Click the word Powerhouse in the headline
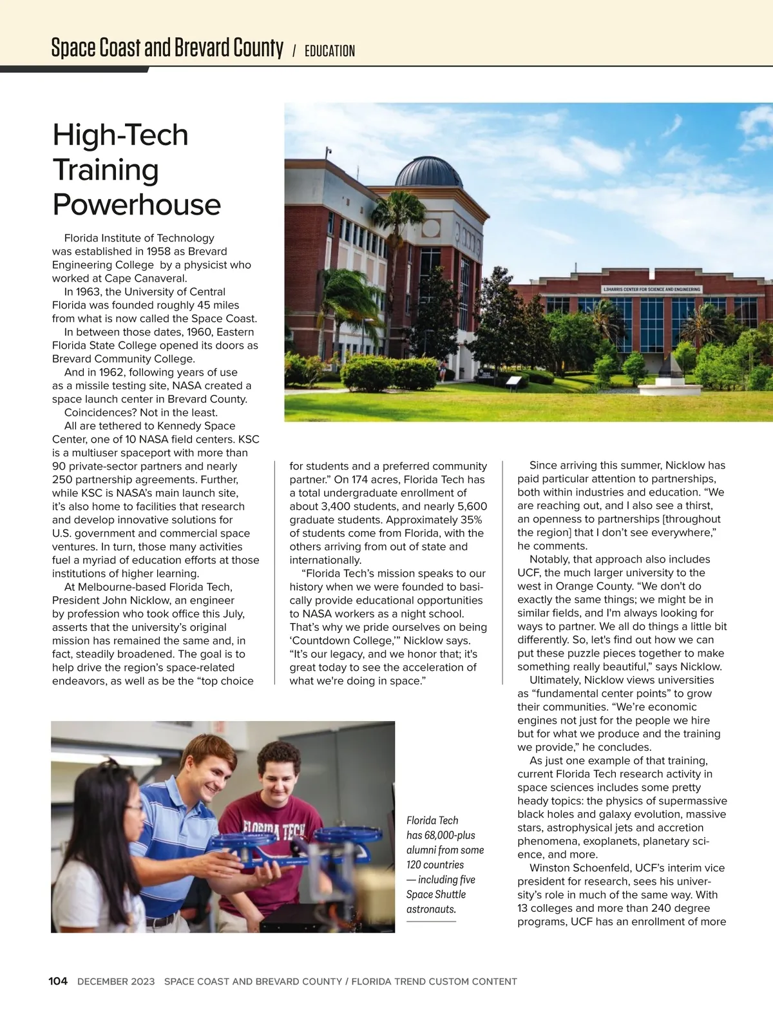(137, 205)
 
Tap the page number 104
(58, 981)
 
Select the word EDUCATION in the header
(329, 51)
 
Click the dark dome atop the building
(428, 172)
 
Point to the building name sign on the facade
(651, 289)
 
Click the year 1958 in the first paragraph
(158, 251)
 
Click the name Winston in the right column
(549, 868)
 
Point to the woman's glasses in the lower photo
(133, 807)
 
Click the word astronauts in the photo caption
(431, 909)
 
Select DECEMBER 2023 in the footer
(116, 981)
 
